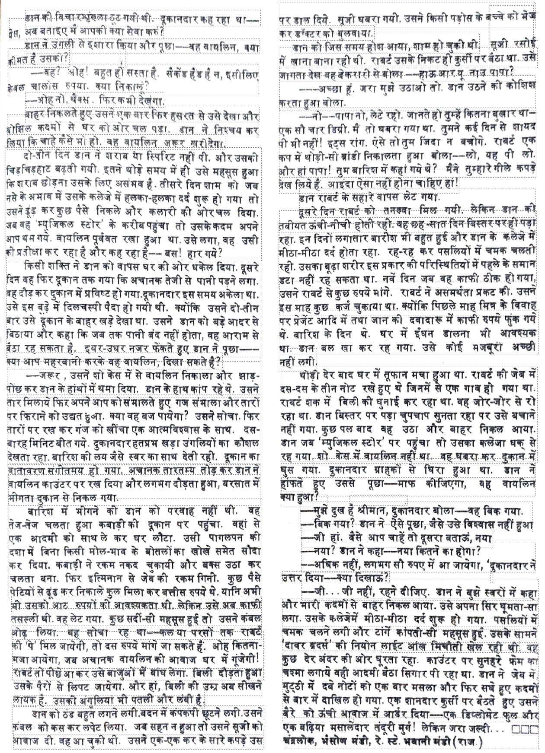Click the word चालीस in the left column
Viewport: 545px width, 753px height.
click(42, 86)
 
